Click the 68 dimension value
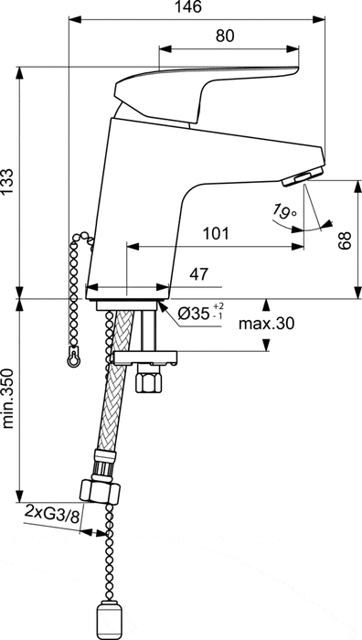tap(346, 240)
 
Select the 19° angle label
tap(283, 212)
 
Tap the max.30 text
tap(266, 324)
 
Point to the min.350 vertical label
tap(8, 397)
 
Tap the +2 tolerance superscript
tap(217, 305)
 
